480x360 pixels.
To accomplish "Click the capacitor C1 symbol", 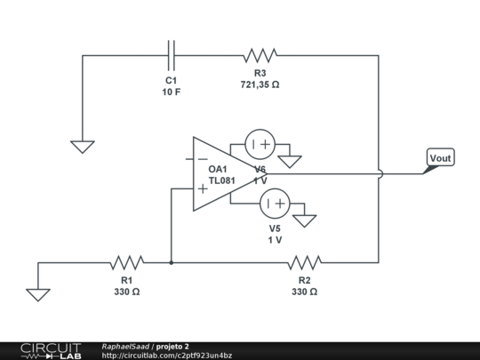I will coord(172,55).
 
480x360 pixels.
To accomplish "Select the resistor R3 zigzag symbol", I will coord(260,55).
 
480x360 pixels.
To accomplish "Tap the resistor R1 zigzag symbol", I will coord(127,262).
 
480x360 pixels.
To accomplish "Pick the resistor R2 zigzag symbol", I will coord(304,262).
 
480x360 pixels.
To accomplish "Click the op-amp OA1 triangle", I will coord(213,173).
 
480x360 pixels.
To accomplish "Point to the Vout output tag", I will coord(439,159).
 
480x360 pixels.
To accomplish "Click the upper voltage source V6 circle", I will coord(260,144).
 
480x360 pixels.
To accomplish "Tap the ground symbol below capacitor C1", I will coord(83,147).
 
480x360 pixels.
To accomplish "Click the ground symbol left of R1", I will coord(38,294).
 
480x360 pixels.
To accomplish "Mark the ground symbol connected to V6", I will coord(290,162).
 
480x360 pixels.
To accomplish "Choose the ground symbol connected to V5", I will coord(305,220).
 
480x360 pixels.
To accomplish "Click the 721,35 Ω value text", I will coord(260,85).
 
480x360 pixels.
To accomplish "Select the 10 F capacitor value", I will coord(171,92).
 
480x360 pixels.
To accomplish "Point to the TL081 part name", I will coord(221,180).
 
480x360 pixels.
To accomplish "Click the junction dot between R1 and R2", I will coord(171,262).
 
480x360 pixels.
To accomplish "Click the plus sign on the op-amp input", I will coord(203,188).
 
